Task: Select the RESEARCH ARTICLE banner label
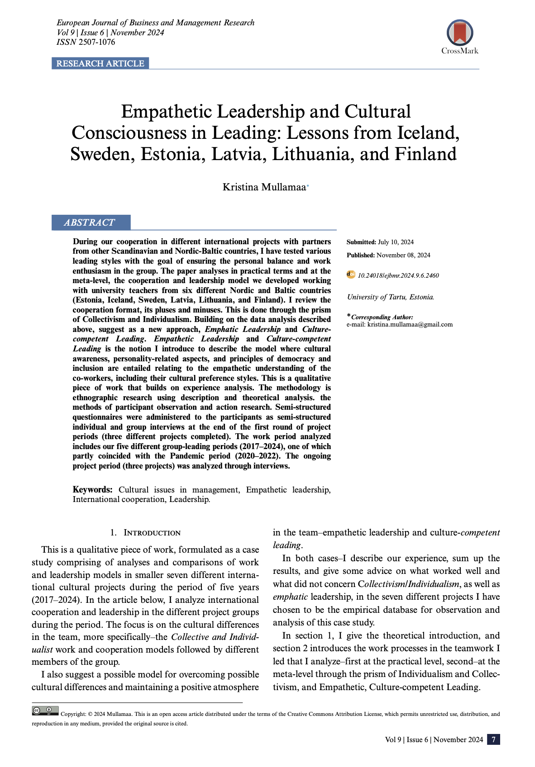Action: click(100, 63)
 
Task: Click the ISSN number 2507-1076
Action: click(97, 42)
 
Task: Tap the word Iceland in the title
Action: click(428, 133)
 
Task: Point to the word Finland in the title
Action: click(425, 154)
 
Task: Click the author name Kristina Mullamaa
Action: click(264, 187)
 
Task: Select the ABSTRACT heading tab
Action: click(90, 223)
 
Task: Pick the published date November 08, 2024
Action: click(403, 255)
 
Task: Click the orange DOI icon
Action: click(351, 275)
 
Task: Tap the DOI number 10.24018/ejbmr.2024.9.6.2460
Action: click(398, 275)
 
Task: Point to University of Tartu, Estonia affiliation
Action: click(391, 297)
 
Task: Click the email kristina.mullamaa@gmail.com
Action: click(410, 324)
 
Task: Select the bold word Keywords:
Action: click(93, 489)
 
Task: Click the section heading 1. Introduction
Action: click(145, 533)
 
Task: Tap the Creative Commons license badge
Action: click(45, 711)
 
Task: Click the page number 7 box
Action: click(493, 739)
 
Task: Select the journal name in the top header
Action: click(155, 23)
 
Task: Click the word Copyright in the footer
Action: click(73, 714)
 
